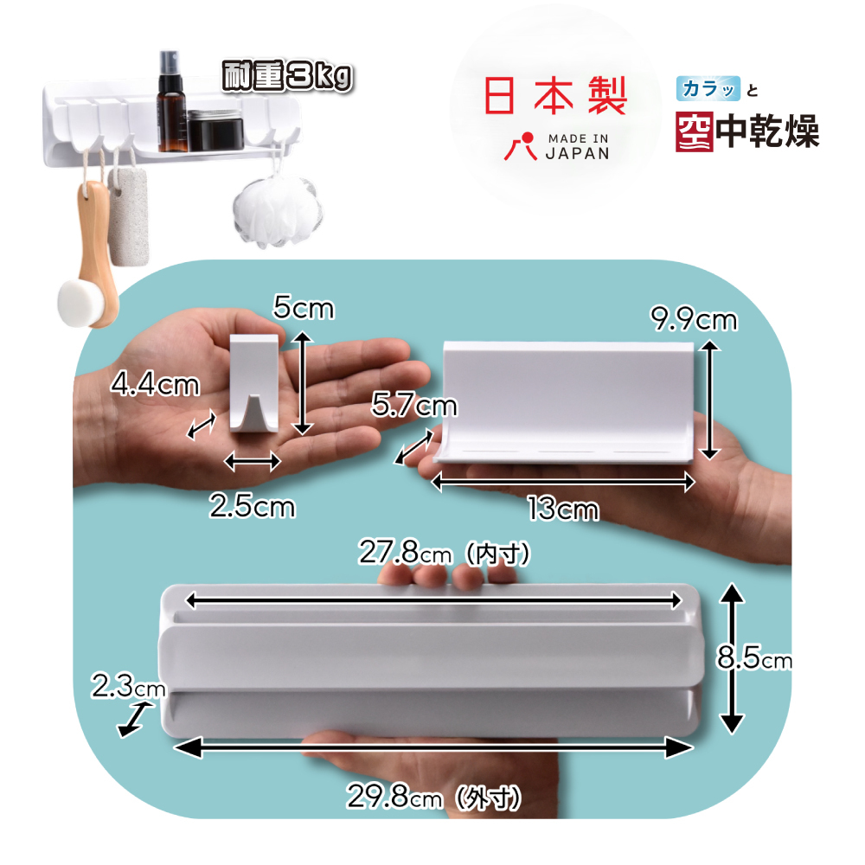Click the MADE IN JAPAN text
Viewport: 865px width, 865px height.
[x=577, y=146]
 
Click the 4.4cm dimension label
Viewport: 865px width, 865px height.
[x=155, y=383]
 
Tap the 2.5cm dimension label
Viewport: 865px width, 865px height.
[x=252, y=506]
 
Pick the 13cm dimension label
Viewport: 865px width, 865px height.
[x=563, y=509]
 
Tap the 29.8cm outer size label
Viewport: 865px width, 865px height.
[x=433, y=797]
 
